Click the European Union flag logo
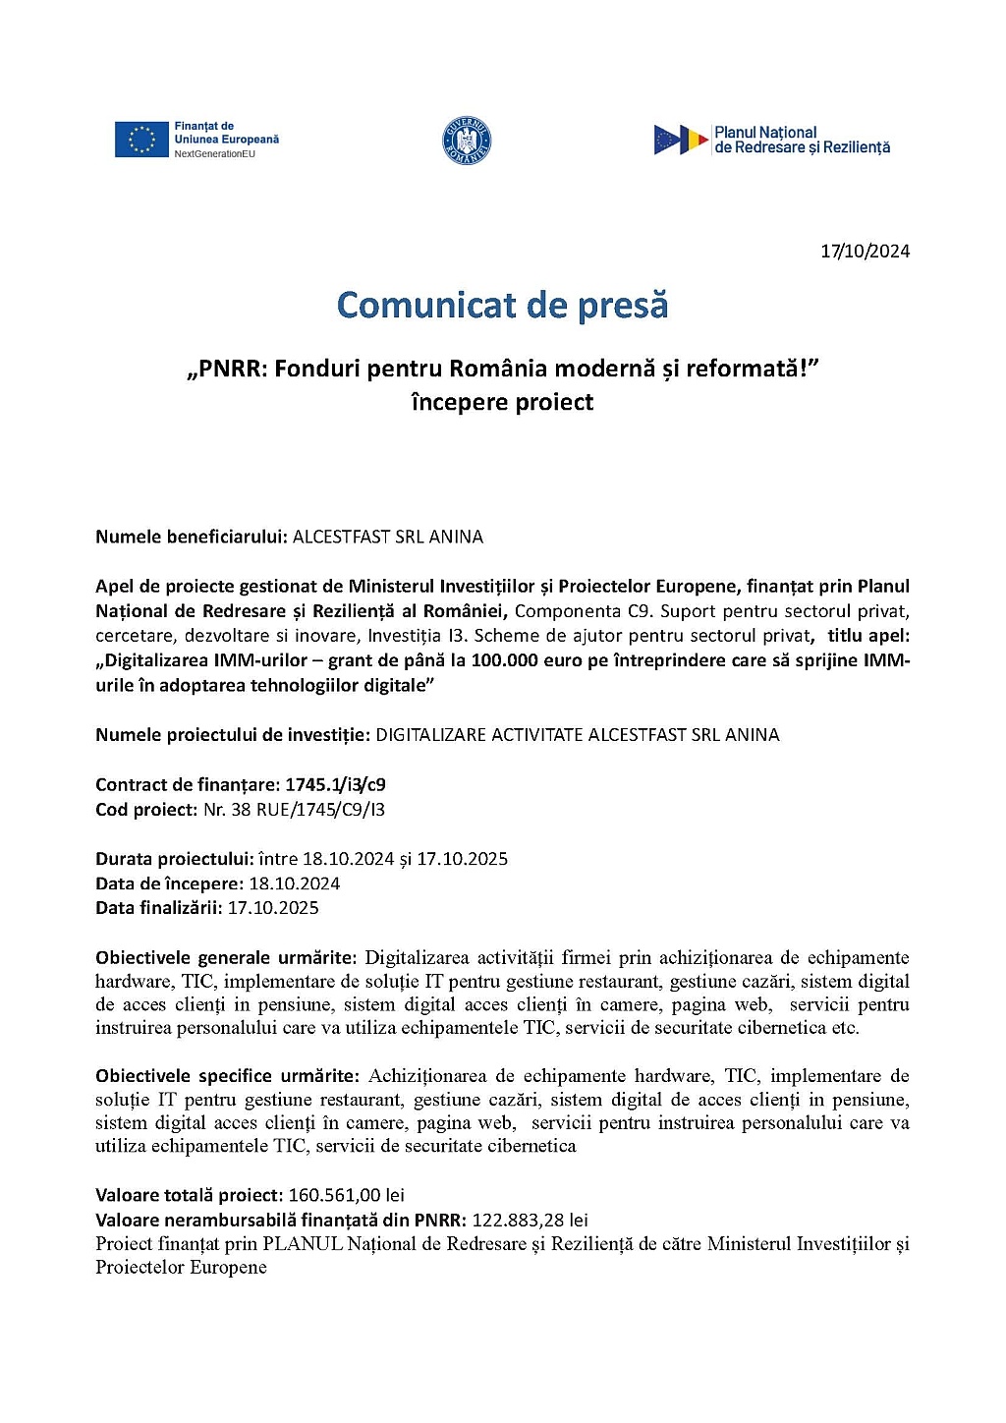[141, 140]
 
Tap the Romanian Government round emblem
[467, 141]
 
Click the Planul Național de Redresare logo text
[802, 140]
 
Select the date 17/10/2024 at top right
[866, 252]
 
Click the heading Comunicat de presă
[502, 305]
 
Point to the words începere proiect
[502, 402]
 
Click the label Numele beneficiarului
[191, 537]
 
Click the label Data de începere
[169, 883]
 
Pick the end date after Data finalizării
[273, 908]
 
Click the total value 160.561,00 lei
[346, 1195]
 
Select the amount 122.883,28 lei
[530, 1220]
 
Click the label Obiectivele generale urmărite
[225, 957]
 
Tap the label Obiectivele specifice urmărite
[227, 1076]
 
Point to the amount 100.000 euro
[528, 660]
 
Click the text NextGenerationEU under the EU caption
[214, 154]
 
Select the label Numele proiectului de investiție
[232, 735]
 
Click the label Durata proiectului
[174, 859]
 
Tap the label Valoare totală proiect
[189, 1195]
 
